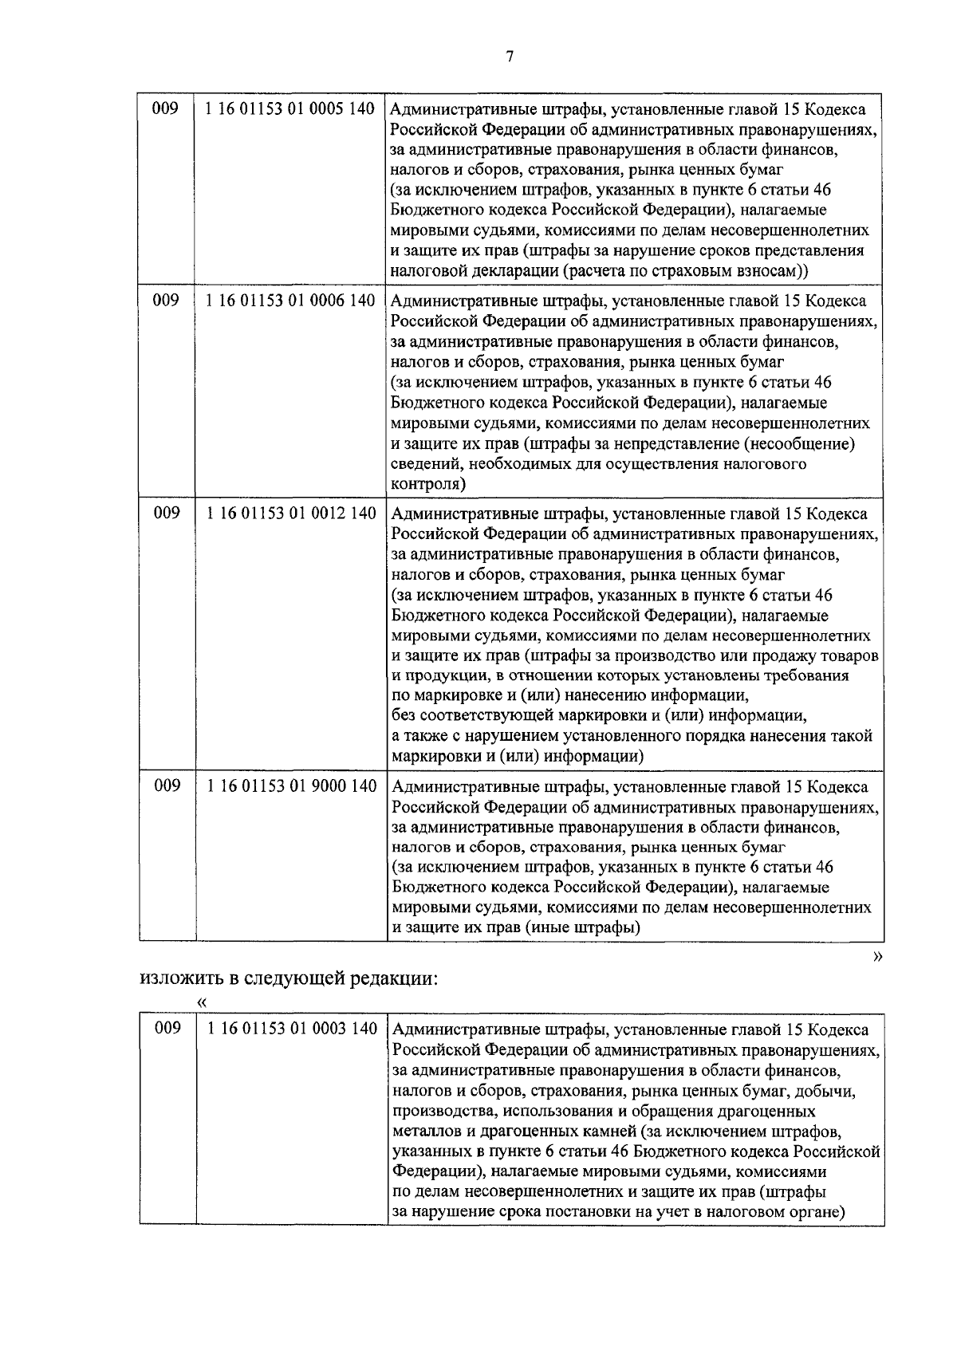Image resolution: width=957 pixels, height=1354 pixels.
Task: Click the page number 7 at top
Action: tap(510, 56)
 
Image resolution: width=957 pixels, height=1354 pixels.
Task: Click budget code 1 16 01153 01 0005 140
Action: tap(290, 109)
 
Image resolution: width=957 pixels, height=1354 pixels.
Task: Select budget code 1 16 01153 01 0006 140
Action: tap(290, 301)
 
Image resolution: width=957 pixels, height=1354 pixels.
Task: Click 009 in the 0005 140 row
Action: tap(166, 109)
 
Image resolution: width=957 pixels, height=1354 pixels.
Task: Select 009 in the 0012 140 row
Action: tap(167, 514)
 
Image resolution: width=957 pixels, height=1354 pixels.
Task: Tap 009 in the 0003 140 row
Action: tap(167, 1029)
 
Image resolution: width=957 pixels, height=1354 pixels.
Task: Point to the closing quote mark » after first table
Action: tap(878, 956)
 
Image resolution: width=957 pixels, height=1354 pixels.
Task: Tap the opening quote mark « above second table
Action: tap(203, 1002)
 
